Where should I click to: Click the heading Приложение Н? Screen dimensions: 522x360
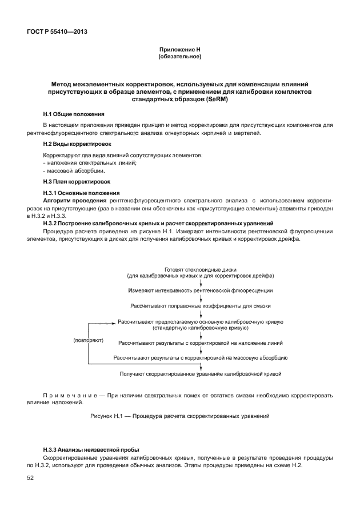click(x=179, y=50)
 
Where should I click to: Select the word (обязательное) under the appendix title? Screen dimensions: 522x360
click(x=179, y=57)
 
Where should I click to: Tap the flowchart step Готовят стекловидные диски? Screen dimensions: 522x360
click(x=200, y=269)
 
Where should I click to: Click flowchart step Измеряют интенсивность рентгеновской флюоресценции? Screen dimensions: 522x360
click(x=200, y=290)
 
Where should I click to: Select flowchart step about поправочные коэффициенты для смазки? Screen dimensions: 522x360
click(x=200, y=306)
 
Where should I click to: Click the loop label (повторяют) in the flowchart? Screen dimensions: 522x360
click(x=87, y=340)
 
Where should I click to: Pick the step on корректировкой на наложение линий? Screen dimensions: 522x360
click(x=200, y=343)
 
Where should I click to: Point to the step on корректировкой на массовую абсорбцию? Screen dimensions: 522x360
click(x=200, y=358)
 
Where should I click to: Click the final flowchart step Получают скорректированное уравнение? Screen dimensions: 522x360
click(x=200, y=374)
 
